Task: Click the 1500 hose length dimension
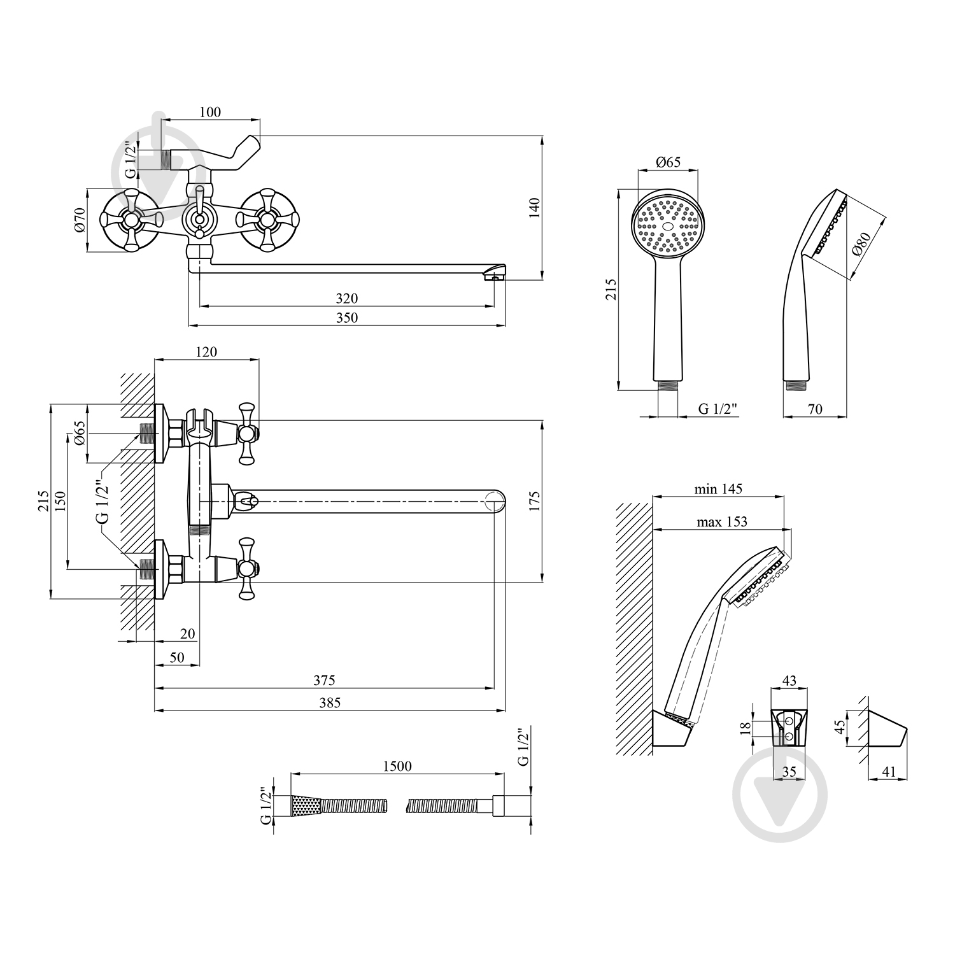397,766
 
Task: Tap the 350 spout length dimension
347,317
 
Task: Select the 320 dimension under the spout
347,298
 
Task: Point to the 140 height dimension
534,208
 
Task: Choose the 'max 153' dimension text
722,521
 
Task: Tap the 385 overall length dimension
330,702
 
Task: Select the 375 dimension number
324,681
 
